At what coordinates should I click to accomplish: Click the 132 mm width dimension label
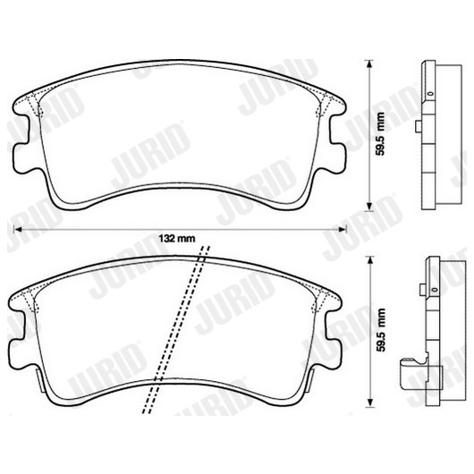(177, 239)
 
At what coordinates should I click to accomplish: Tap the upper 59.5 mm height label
(381, 133)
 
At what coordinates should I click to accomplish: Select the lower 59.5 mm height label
(381, 330)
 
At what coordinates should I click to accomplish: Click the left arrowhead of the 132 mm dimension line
(18, 229)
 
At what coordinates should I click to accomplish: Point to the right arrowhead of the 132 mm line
(343, 229)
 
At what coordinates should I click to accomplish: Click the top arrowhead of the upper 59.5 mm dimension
(368, 64)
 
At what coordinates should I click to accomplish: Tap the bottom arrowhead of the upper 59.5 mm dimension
(368, 207)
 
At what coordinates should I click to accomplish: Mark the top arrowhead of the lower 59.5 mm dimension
(368, 260)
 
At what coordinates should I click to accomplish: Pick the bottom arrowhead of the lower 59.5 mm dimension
(368, 403)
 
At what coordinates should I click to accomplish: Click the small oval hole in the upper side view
(430, 93)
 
